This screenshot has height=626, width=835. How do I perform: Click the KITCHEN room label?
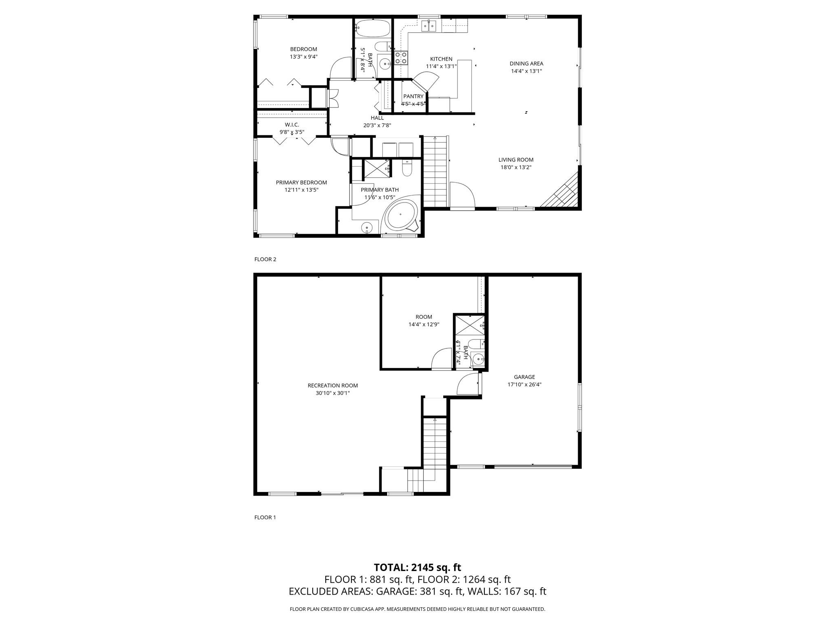441,59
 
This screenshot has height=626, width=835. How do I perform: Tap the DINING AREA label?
526,64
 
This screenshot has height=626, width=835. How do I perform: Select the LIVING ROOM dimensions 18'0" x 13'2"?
516,167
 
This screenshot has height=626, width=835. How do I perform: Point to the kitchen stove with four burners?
401,58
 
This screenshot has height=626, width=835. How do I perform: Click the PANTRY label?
413,97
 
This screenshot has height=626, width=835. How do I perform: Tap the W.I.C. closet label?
292,125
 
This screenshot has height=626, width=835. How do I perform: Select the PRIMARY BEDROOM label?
301,183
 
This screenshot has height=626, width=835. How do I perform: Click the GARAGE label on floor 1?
524,377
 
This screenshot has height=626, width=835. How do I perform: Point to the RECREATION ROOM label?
333,386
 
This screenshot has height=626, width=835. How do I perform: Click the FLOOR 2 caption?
265,259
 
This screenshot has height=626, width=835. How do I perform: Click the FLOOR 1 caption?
265,517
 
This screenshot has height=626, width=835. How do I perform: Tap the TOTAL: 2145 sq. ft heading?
417,567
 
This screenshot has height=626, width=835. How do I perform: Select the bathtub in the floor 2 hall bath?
373,28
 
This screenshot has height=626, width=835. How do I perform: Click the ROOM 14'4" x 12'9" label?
424,321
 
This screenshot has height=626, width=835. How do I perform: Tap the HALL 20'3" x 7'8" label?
377,121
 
